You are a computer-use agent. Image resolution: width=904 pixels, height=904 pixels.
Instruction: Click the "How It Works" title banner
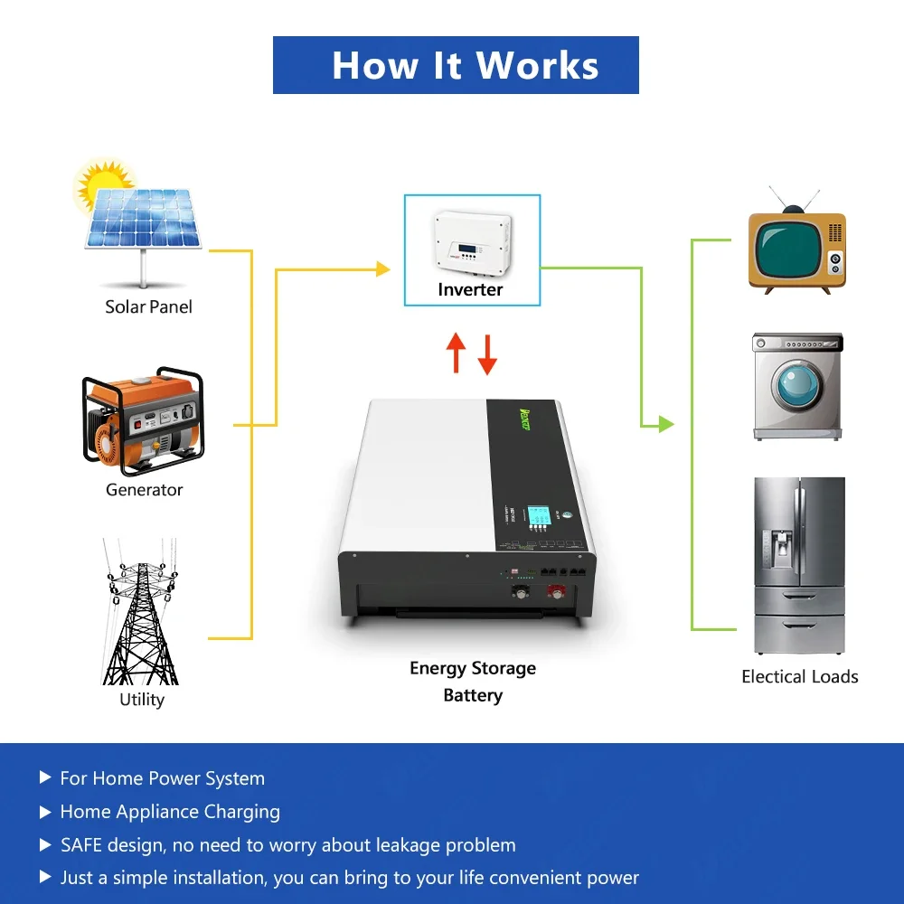[x=456, y=65]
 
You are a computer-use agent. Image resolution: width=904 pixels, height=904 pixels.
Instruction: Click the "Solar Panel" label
[x=148, y=306]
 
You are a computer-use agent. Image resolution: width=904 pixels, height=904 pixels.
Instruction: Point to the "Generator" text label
[x=144, y=490]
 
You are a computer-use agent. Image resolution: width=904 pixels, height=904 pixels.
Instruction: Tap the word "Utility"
[x=142, y=700]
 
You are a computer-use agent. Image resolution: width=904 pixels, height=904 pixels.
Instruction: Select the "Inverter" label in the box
[x=470, y=289]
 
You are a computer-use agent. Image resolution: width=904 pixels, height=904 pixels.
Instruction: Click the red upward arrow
[x=456, y=353]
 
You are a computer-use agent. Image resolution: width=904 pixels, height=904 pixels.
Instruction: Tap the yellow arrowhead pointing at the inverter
[x=383, y=268]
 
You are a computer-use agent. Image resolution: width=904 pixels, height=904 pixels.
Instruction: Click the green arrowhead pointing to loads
[x=666, y=423]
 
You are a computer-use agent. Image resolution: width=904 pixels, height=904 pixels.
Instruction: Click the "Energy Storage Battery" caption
[x=473, y=682]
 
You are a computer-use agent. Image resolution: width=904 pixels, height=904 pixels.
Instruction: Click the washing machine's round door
[x=796, y=387]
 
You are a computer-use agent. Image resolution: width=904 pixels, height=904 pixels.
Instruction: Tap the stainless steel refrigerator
[x=799, y=566]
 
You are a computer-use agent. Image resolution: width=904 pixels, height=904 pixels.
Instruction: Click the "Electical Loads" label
[x=799, y=676]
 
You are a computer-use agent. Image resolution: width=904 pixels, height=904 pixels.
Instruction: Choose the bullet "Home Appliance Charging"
[x=170, y=812]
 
